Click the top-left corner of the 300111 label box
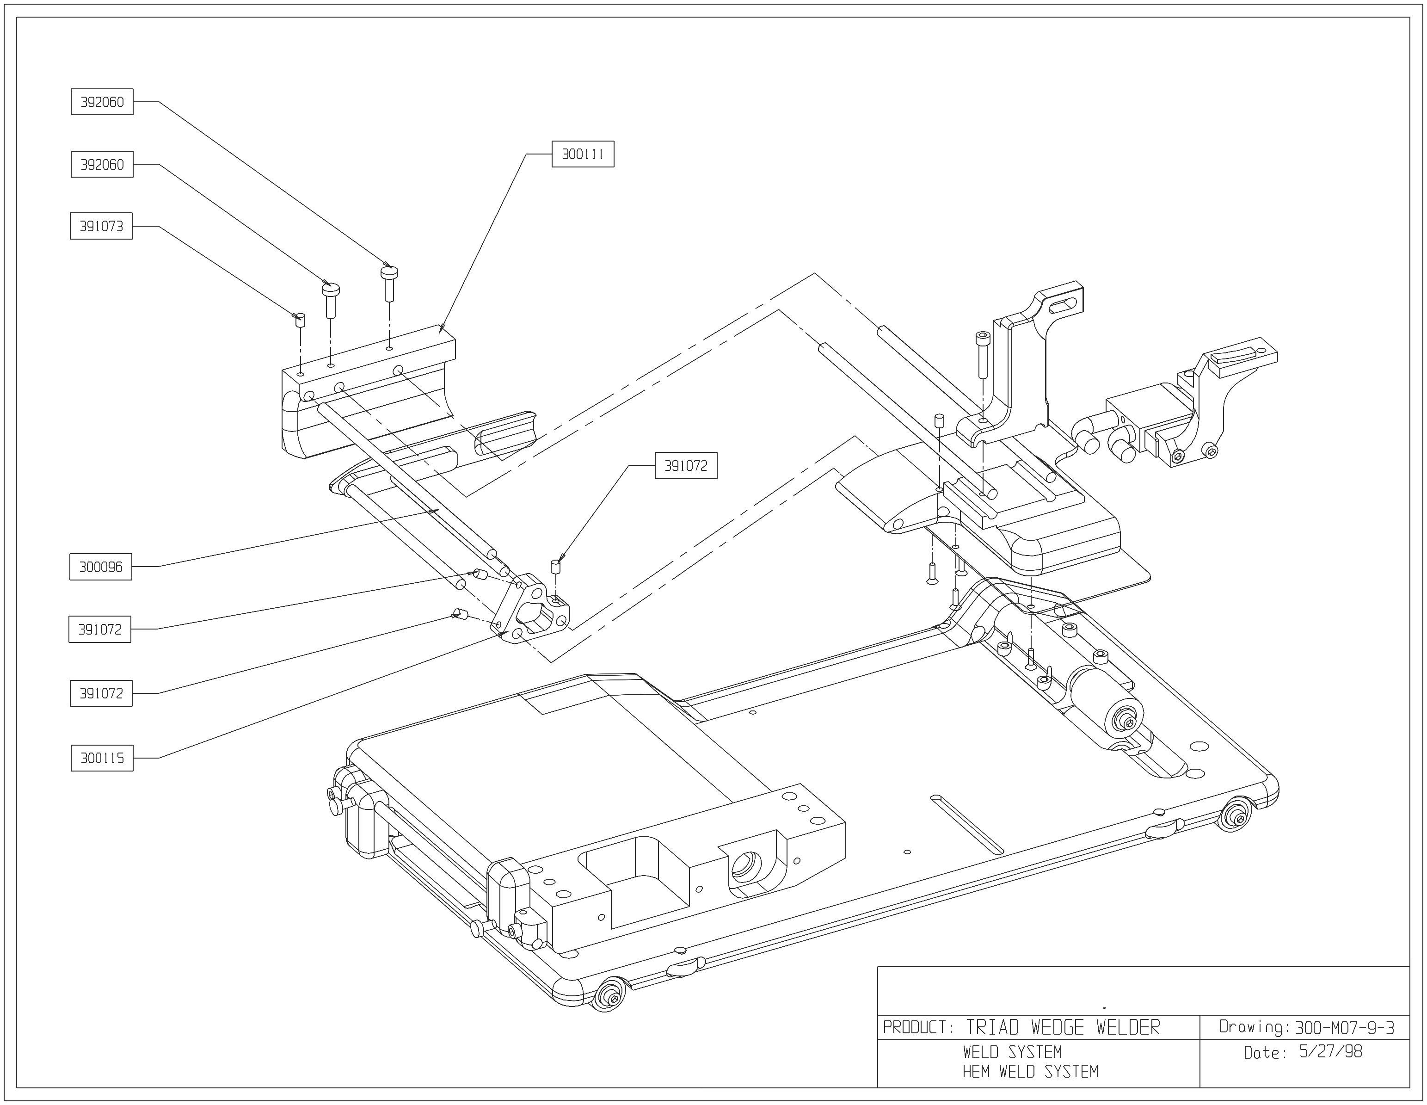pos(552,141)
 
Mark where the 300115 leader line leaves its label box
pos(133,758)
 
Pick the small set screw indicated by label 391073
pos(301,320)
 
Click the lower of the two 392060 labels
pos(102,164)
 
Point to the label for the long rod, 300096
pos(101,567)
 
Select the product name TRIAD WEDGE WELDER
pos(1063,1028)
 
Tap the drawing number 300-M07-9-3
pos(1345,1028)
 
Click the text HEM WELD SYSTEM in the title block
pos(1030,1072)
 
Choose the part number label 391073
pos(101,226)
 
